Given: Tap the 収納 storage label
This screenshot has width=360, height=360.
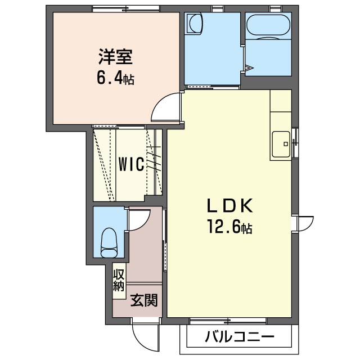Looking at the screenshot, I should [119, 280].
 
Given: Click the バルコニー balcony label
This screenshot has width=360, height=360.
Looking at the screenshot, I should [239, 337].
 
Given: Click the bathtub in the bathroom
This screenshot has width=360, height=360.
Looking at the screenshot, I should [267, 25].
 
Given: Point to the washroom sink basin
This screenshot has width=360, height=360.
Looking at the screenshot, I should [195, 24].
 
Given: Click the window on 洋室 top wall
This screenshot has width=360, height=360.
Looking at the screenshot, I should [126, 8].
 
